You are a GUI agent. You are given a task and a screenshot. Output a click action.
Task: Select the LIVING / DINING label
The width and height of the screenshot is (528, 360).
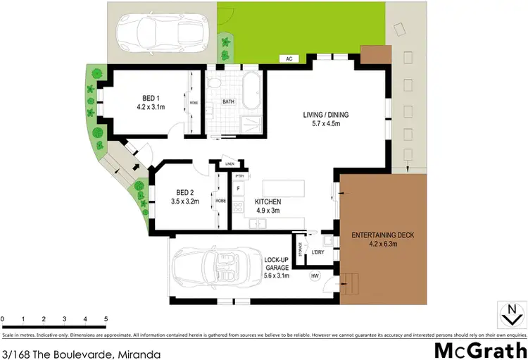coord(325,115)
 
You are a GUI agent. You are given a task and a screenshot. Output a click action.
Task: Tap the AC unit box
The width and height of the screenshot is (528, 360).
coord(289,58)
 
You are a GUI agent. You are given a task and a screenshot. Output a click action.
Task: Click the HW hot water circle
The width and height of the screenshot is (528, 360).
coord(315,276)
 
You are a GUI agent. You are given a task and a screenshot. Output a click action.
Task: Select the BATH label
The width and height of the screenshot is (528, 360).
coord(229,101)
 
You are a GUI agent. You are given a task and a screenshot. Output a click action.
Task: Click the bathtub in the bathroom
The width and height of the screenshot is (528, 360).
coord(251,91)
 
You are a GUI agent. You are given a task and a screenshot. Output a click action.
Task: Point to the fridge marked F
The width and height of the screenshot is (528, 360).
coord(239,189)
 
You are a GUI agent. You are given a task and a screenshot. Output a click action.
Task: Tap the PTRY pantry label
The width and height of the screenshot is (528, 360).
coord(239,177)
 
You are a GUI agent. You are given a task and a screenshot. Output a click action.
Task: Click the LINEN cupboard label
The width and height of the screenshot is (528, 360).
coord(230,165)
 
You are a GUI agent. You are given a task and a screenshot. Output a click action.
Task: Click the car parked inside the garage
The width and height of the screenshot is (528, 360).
coord(210,269)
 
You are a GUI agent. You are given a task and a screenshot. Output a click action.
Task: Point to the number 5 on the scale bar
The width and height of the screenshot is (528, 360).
coord(106,319)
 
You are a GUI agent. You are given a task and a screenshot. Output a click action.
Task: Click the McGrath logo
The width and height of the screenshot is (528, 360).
coord(480,349)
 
